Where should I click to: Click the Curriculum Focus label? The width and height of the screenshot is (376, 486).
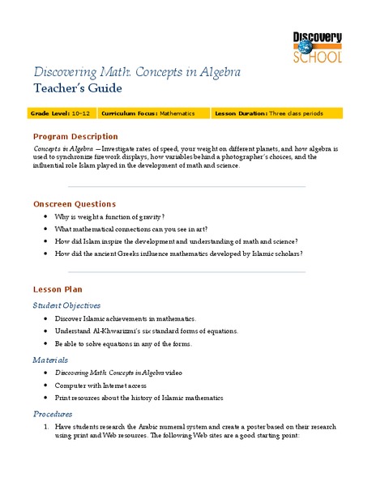pyautogui.click(x=129, y=113)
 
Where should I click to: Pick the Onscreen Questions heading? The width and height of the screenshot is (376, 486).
pyautogui.click(x=74, y=203)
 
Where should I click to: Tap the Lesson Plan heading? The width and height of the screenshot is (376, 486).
pyautogui.click(x=57, y=289)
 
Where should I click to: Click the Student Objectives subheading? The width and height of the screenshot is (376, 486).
pyautogui.click(x=66, y=305)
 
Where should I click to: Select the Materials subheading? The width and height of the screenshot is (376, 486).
pyautogui.click(x=50, y=359)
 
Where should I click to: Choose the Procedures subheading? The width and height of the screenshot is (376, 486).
pyautogui.click(x=53, y=412)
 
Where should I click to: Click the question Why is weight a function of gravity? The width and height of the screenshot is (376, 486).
pyautogui.click(x=109, y=217)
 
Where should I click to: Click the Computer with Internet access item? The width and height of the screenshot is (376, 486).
pyautogui.click(x=107, y=385)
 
